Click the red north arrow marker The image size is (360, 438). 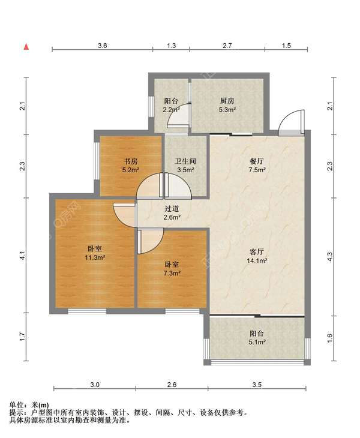pos(26,47)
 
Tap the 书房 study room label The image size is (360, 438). pos(131,161)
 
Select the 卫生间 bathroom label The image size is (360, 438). pos(185,161)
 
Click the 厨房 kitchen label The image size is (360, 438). pos(227,101)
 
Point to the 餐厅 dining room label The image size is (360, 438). pos(257,161)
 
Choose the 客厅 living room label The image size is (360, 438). pos(257,251)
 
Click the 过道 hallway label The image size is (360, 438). pos(172,209)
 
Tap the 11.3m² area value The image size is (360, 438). pos(95,257)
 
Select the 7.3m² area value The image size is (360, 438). pos(172,273)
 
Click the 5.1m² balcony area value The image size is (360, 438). pos(257,342)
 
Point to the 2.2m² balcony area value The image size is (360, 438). pos(171,110)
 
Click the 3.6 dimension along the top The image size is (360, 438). pos(103,46)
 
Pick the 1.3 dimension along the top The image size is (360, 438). pos(171,46)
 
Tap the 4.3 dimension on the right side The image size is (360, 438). pos(330,257)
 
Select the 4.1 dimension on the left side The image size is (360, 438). pos(23,255)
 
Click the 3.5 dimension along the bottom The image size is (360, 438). pos(257,385)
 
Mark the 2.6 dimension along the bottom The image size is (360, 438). pos(172,385)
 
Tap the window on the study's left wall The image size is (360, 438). pos(97,161)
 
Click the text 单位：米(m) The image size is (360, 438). pos(29,406)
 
